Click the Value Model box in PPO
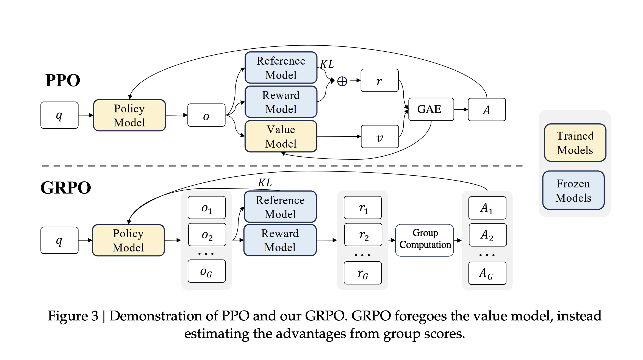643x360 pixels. [281, 136]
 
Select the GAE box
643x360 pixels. [431, 109]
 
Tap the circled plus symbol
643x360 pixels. [342, 81]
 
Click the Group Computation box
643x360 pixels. [425, 240]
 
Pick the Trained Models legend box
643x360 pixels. [575, 143]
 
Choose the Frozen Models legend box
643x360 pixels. [573, 190]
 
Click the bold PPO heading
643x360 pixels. [63, 81]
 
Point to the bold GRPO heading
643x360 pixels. [66, 188]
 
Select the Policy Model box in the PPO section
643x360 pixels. [129, 115]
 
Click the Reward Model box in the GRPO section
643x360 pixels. [280, 240]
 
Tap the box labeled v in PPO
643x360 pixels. [380, 137]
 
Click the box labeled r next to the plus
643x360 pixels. [379, 81]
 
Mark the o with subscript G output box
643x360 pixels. [207, 272]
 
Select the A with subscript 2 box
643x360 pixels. [487, 235]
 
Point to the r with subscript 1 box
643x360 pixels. [363, 208]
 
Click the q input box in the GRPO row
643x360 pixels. [59, 240]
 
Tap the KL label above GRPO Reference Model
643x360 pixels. [265, 183]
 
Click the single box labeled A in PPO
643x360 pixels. [487, 110]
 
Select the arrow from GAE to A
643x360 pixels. [461, 109]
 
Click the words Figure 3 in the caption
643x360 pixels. [73, 316]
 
